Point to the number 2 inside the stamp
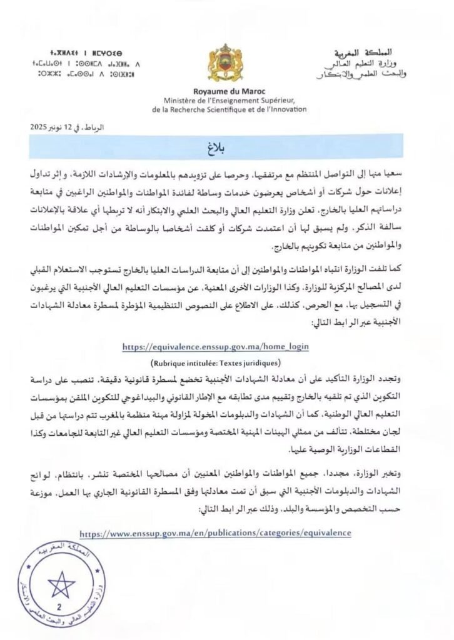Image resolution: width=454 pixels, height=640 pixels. click(x=60, y=607)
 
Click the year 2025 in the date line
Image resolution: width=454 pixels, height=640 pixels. click(x=40, y=127)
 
